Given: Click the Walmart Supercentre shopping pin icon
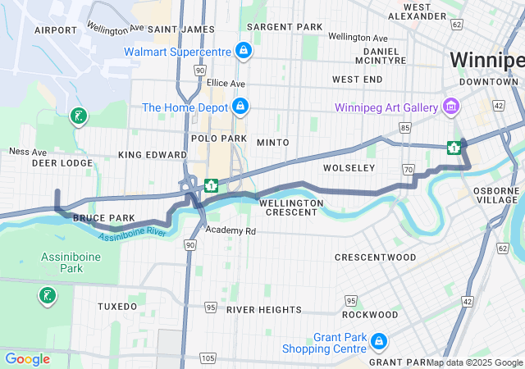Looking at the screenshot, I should (x=243, y=51).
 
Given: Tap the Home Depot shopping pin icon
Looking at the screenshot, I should (x=241, y=107).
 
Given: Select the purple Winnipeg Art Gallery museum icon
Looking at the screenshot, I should (x=450, y=107).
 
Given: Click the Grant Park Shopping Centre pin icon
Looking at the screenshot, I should (x=378, y=341).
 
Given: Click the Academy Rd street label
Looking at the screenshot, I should (x=231, y=231).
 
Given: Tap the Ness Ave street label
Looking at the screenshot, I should (x=27, y=151).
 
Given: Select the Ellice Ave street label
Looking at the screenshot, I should (x=226, y=83).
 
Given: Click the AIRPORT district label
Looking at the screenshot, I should (x=56, y=30).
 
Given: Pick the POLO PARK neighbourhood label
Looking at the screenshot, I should (x=213, y=139).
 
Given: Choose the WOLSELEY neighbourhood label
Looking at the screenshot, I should (x=349, y=167).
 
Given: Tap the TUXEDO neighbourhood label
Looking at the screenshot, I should (x=117, y=306).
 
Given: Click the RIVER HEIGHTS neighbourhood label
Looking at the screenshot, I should (x=264, y=309).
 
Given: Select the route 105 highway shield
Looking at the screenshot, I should (x=208, y=358).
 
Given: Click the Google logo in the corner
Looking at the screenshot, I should (x=27, y=358).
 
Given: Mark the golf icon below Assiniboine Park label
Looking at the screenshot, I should (x=47, y=295).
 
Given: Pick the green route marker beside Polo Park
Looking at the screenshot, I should (x=211, y=185).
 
